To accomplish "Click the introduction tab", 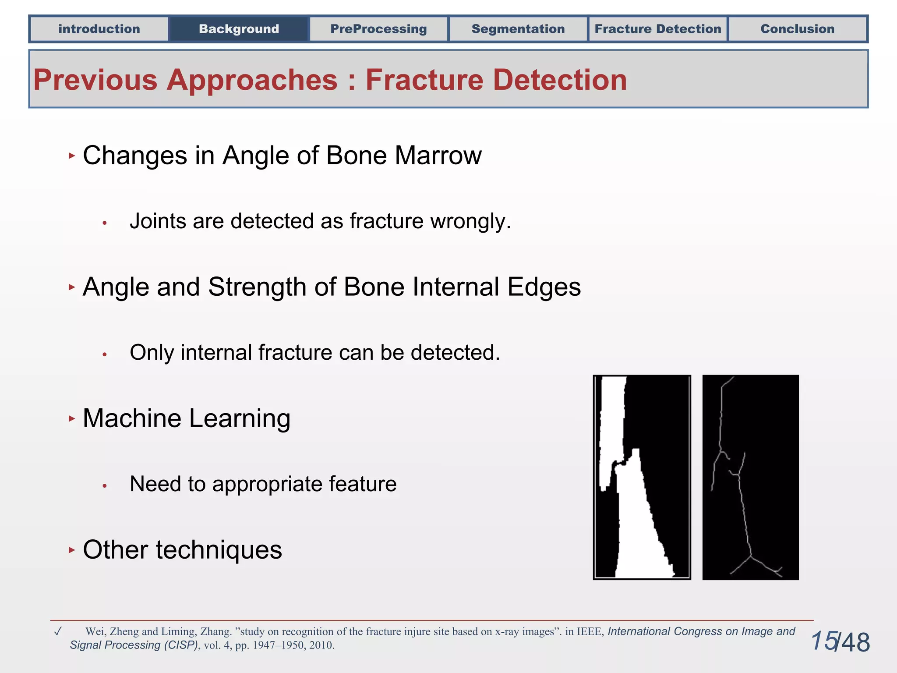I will coord(99,29).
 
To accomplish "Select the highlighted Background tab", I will coord(239,29).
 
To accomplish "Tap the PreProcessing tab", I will coord(378,29).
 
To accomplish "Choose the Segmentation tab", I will coord(518,29).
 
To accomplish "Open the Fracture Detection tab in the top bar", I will coord(657,29).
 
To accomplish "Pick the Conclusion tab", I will coord(797,29).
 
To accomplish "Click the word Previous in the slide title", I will coord(95,80).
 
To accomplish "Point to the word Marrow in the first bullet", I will coord(438,156).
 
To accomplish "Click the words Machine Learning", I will coord(186,418).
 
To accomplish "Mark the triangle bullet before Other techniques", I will coord(72,550).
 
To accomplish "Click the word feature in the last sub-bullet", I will coord(362,484).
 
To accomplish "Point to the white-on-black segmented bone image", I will coord(642,477).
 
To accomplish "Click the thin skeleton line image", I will coord(750,477).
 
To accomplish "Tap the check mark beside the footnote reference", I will coord(57,631).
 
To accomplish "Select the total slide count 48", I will coord(855,643).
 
